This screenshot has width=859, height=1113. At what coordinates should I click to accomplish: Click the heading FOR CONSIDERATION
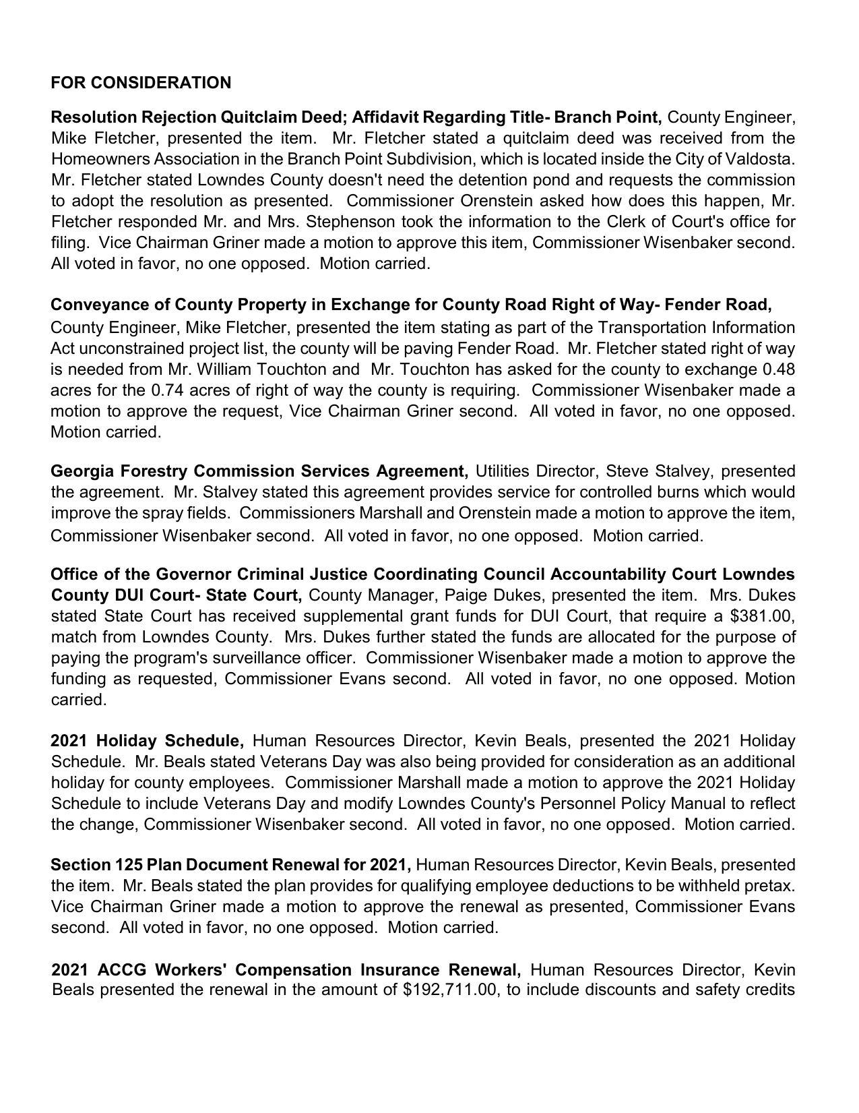(x=141, y=83)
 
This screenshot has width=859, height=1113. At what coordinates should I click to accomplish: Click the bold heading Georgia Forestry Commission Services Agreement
(x=259, y=471)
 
